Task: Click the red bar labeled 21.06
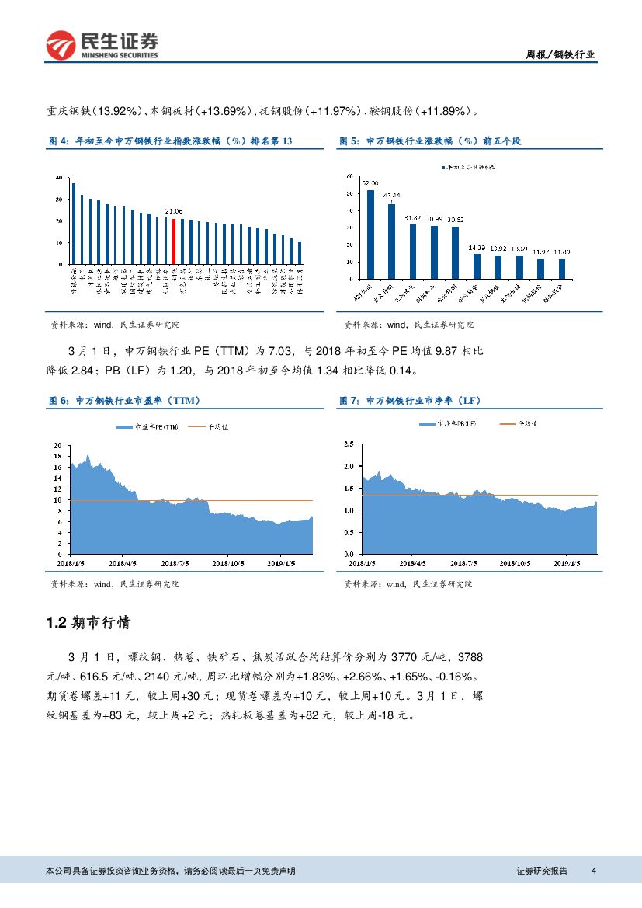173,242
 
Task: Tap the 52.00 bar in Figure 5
370,234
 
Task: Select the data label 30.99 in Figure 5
435,220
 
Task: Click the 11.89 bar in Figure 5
561,268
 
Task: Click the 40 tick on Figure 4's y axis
59,178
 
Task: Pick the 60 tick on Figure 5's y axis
352,176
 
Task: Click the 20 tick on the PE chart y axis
57,446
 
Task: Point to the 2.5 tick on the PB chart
348,444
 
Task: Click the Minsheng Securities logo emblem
59,46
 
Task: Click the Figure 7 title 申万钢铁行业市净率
411,401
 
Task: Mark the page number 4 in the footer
593,871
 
